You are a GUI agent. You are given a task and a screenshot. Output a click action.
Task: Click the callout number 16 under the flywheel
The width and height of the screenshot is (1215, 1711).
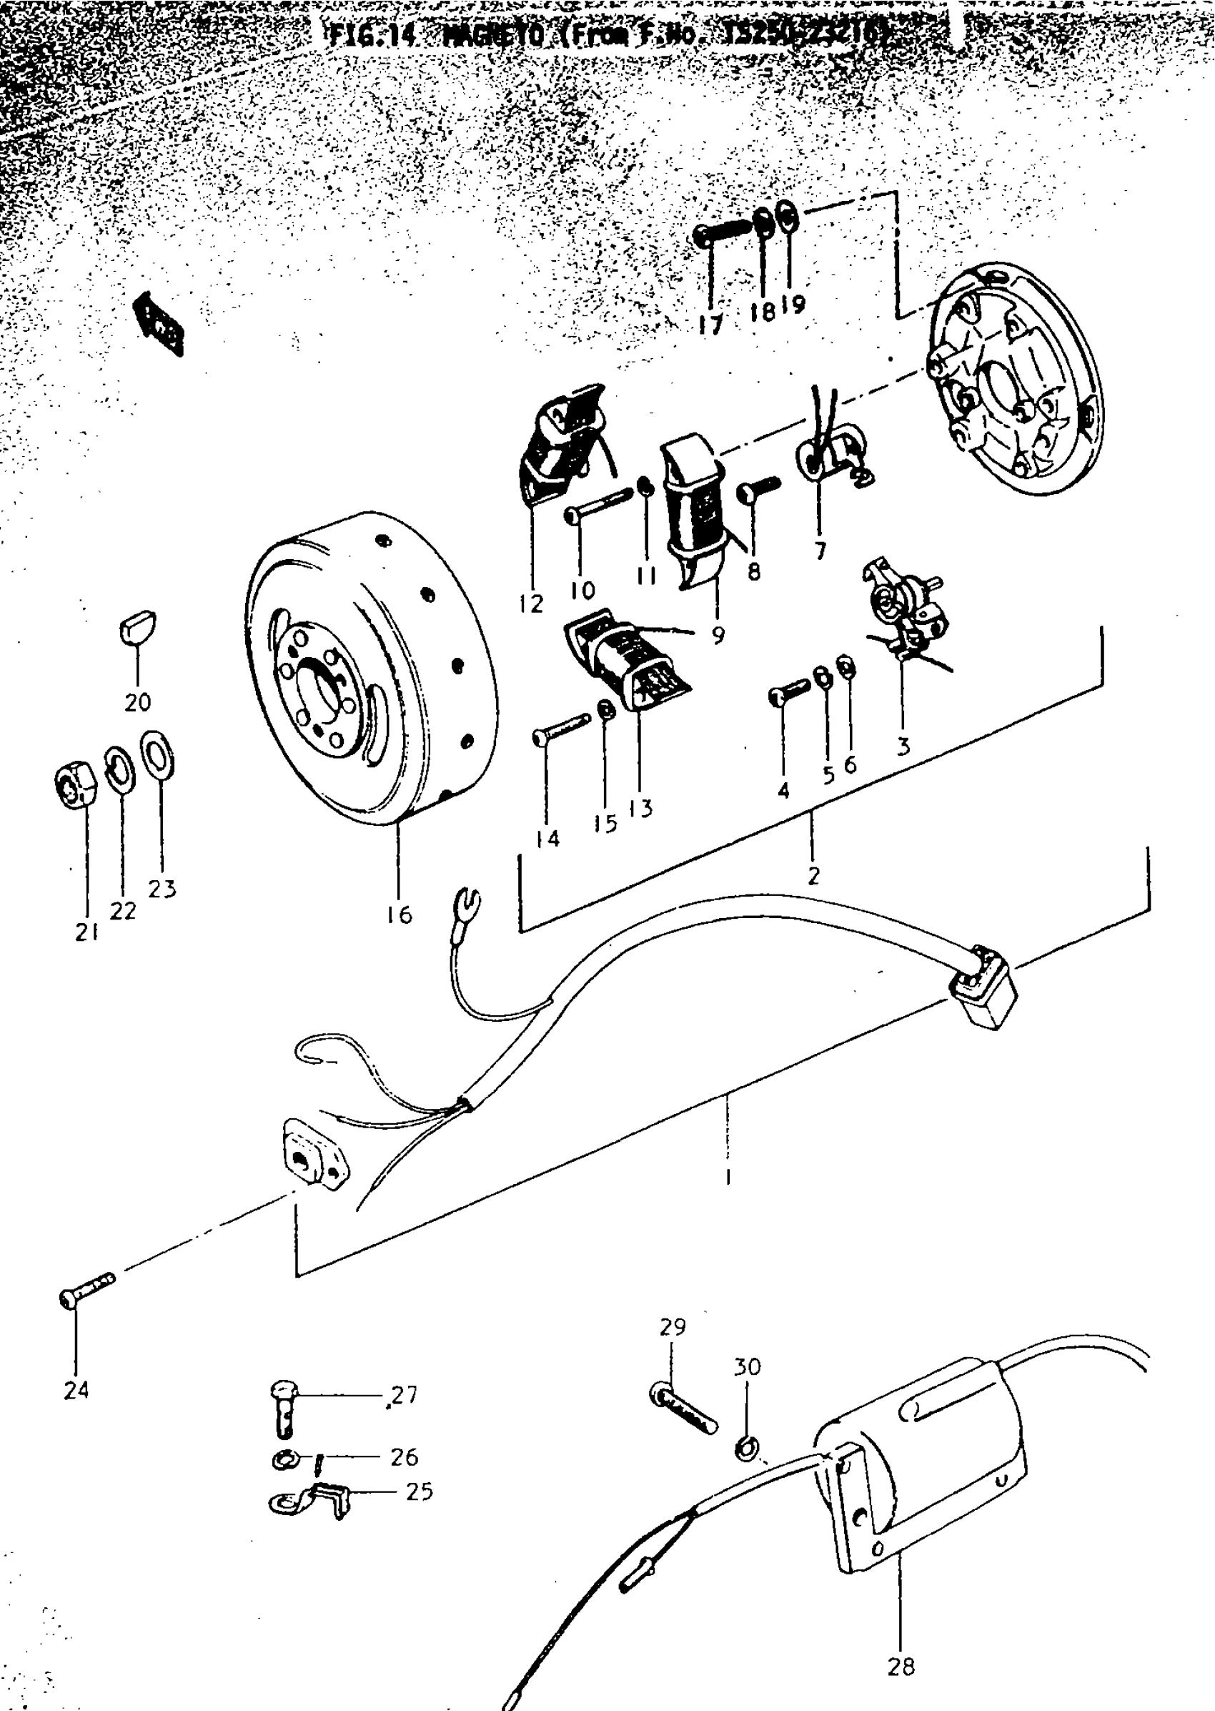(400, 914)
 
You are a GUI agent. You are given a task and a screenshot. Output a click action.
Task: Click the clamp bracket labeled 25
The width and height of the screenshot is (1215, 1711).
(310, 1498)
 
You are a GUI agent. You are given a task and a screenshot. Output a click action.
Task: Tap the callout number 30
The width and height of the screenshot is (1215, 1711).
(747, 1366)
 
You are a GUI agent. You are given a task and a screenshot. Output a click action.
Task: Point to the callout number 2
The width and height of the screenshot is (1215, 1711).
(813, 876)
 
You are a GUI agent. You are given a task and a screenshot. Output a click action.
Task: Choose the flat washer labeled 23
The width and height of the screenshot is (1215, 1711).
(158, 754)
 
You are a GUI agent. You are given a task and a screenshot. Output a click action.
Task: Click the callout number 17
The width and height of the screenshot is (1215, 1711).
(710, 324)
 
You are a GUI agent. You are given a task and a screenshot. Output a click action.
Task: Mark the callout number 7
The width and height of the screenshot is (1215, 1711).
(820, 551)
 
